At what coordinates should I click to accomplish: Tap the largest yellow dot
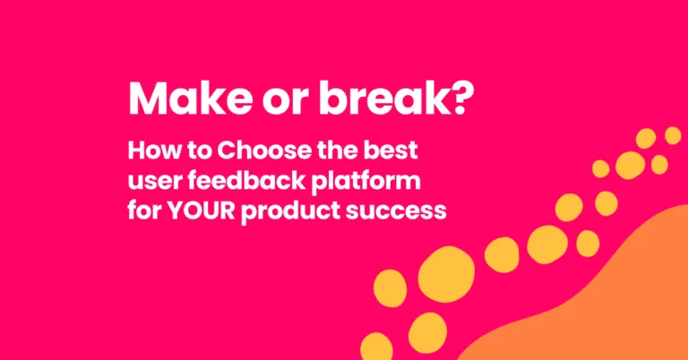click(x=445, y=273)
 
